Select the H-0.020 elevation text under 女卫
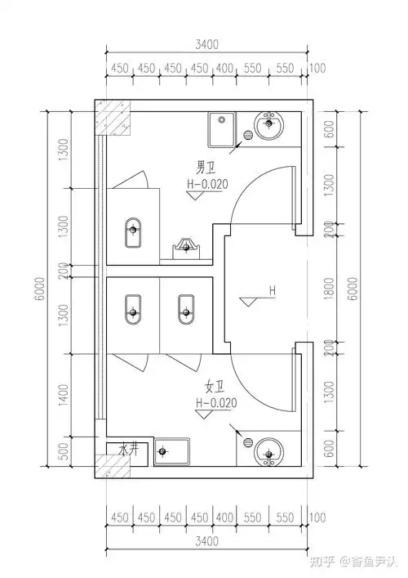click(215, 403)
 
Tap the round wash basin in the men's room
click(270, 126)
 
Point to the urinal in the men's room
click(188, 246)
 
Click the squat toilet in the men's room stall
click(132, 233)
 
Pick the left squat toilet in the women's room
click(132, 311)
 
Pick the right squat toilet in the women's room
click(185, 311)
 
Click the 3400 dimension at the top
click(207, 46)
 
